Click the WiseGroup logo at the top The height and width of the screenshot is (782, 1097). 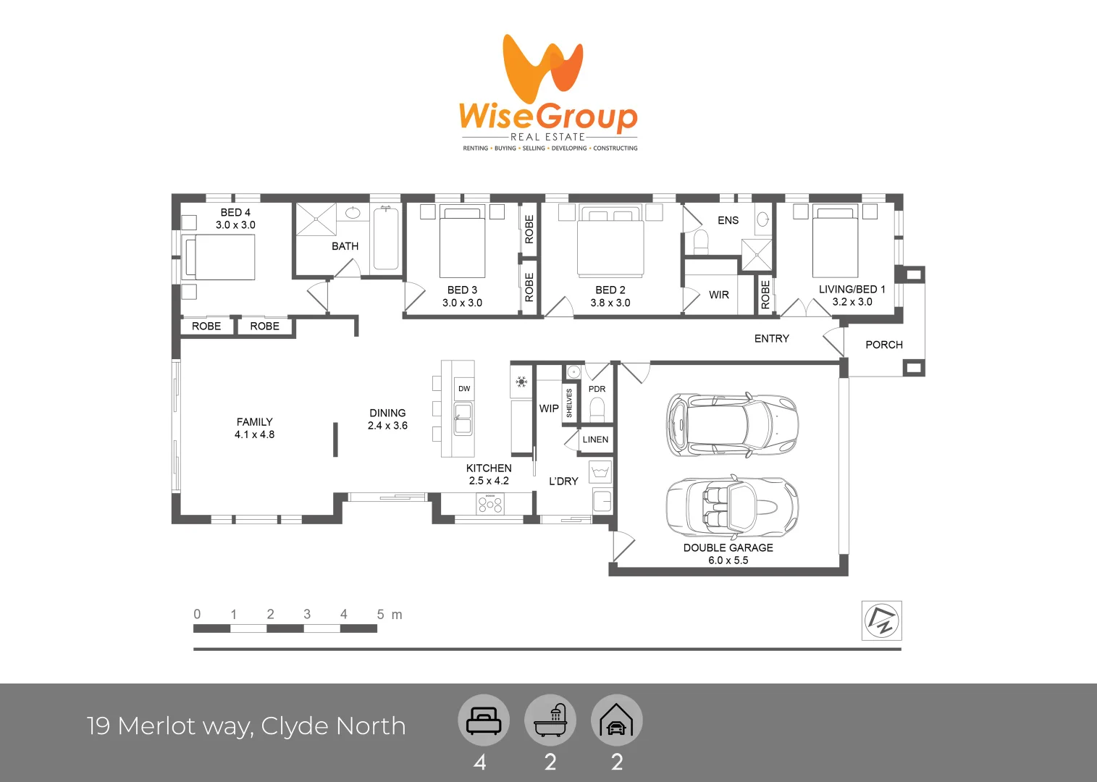pos(548,93)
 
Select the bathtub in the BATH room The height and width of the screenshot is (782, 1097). pos(385,239)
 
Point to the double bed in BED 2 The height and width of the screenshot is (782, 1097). pos(610,240)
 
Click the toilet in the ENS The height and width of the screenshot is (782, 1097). pos(700,243)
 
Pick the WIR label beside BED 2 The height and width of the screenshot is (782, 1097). pos(718,295)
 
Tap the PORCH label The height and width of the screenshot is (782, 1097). pos(883,345)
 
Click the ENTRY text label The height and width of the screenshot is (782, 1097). pos(771,338)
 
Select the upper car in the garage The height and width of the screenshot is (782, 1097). pos(731,425)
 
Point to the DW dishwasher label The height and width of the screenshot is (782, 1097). pos(464,389)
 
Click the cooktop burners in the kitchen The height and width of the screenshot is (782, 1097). pos(489,503)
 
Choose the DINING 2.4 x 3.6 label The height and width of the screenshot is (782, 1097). pos(387,419)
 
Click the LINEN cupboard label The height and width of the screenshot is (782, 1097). pos(595,440)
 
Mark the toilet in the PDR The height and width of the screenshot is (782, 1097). pos(597,411)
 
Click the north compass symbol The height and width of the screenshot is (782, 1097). pos(882,621)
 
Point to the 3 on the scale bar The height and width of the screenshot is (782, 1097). pos(307,614)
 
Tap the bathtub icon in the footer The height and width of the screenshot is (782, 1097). pos(550,720)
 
